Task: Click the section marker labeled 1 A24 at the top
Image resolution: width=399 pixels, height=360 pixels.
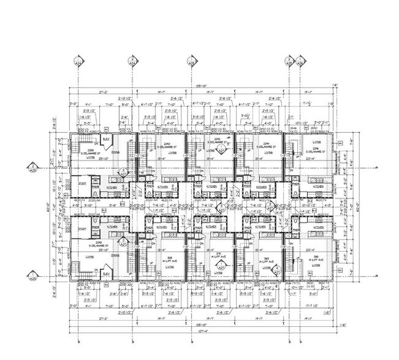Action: point(77,61)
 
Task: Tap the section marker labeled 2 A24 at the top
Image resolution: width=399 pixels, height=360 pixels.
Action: point(132,61)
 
